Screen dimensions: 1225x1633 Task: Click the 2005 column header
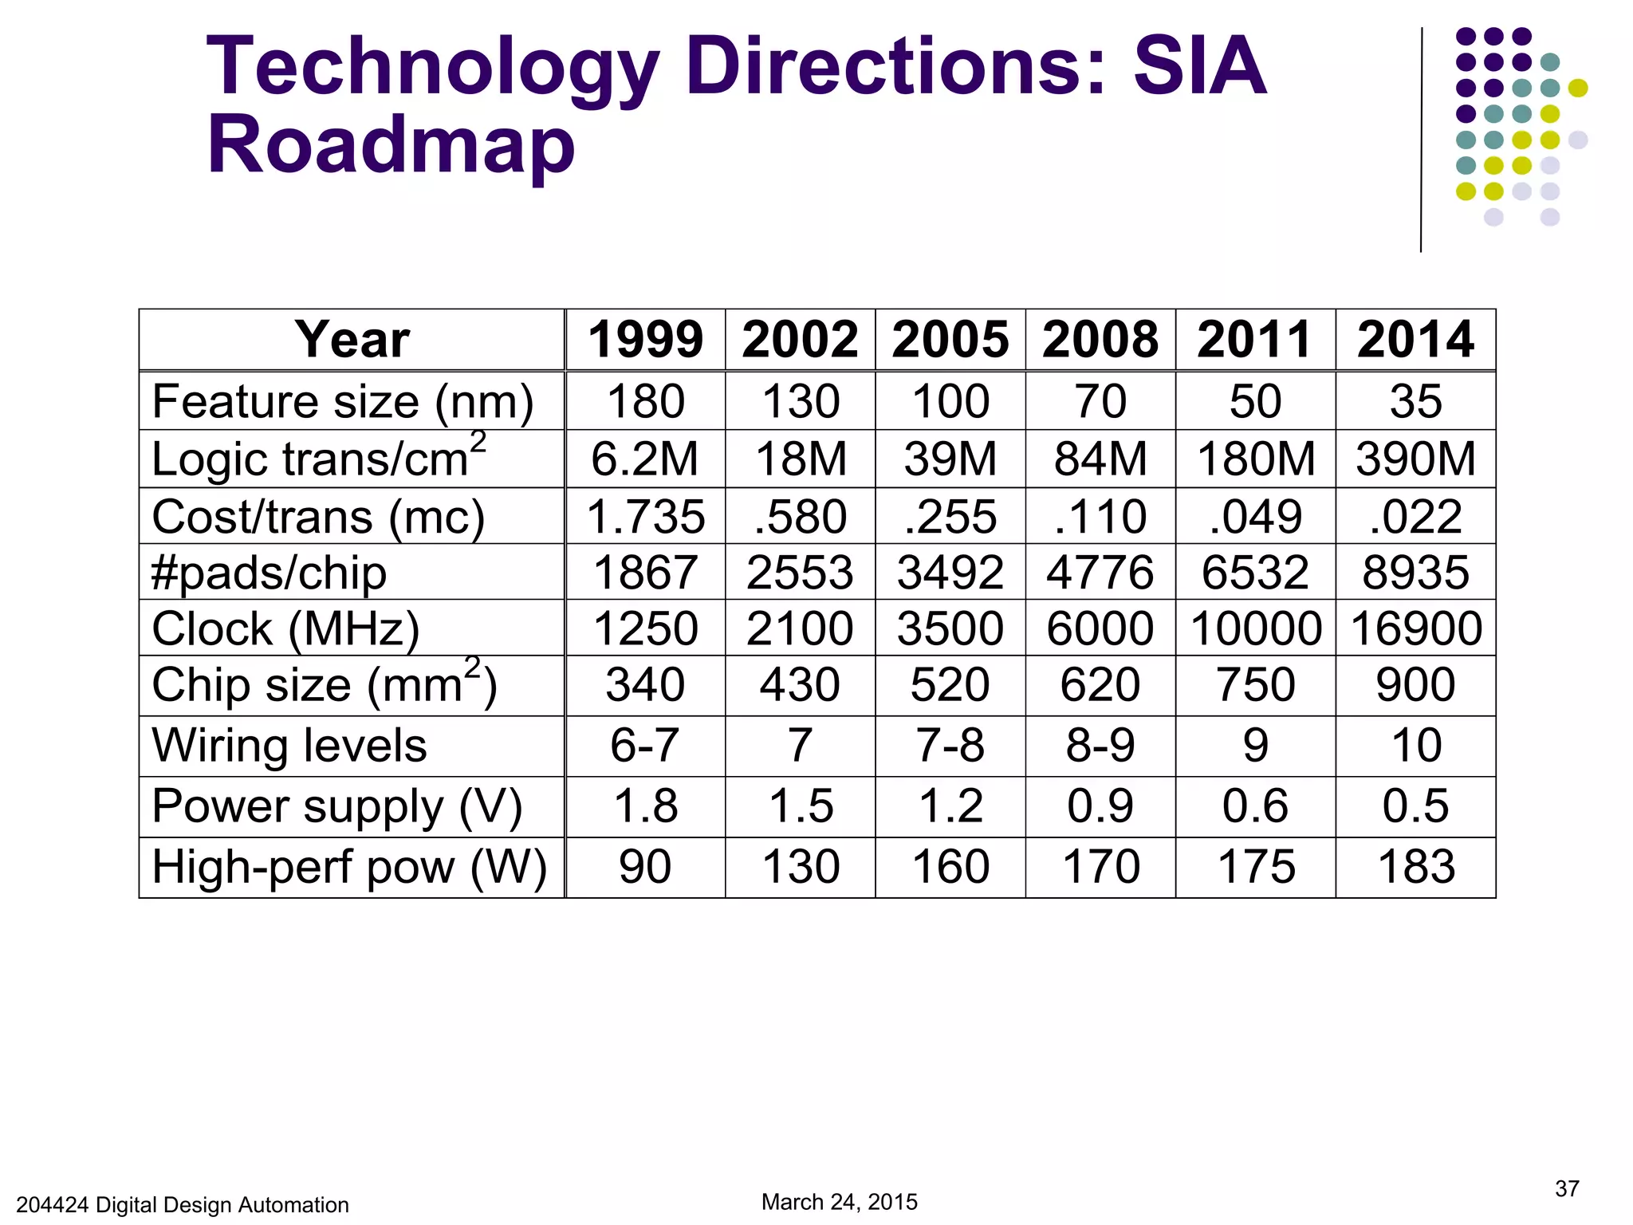click(950, 340)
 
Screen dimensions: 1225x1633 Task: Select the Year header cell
click(352, 340)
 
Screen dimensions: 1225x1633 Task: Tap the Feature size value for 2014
click(1415, 401)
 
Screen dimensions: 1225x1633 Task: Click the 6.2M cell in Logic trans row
click(644, 459)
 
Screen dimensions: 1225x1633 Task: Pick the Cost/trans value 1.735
click(645, 517)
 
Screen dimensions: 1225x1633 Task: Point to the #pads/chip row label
click(270, 573)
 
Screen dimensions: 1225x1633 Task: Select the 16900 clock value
click(1416, 628)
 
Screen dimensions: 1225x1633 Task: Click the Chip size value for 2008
click(1100, 685)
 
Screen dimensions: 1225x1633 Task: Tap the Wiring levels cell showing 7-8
click(950, 746)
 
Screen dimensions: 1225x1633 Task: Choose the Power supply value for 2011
click(1255, 806)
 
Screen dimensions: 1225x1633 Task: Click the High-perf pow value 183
click(1416, 867)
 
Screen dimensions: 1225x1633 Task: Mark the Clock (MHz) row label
click(285, 628)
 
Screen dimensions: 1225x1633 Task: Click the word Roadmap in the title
click(391, 145)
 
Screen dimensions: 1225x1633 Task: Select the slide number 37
click(1566, 1189)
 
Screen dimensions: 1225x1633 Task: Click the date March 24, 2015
click(839, 1202)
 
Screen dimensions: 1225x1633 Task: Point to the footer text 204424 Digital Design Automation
click(183, 1204)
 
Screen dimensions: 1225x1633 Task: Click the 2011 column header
click(1255, 340)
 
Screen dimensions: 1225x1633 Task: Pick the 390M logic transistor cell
click(1416, 459)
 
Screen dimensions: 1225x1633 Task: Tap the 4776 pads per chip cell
click(1100, 573)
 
